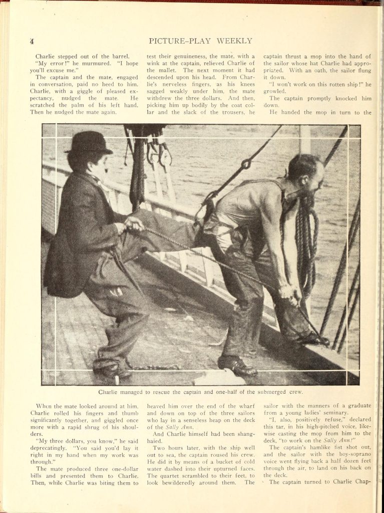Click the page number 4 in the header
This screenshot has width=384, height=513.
[x=32, y=41]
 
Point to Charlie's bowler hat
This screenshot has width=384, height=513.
[x=89, y=142]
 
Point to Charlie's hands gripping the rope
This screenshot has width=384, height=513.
[x=134, y=224]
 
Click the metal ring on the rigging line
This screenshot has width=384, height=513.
[x=245, y=164]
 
